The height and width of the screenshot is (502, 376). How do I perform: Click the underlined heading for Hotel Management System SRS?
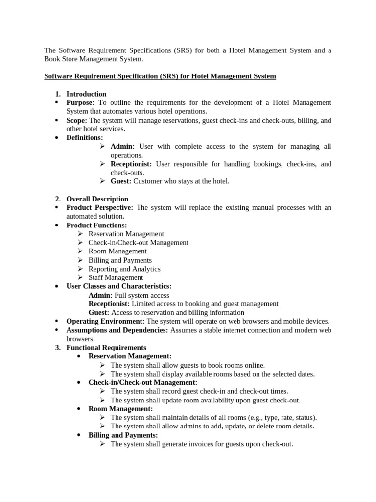[x=160, y=76]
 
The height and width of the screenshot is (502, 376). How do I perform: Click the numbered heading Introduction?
[x=86, y=94]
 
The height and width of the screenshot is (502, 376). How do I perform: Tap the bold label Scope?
[x=77, y=120]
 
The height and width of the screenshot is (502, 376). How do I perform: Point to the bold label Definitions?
[x=85, y=138]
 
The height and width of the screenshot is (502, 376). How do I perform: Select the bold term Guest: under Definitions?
[x=121, y=181]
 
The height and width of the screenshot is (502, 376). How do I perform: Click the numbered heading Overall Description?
[x=97, y=199]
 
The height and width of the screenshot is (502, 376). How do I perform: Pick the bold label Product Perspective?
[x=100, y=208]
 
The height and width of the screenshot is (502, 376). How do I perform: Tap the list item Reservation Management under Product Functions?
[x=126, y=234]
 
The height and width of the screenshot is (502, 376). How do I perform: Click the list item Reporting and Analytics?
[x=124, y=269]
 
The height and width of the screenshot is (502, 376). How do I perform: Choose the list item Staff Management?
[x=116, y=277]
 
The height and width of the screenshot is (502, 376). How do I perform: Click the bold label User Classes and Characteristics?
[x=119, y=286]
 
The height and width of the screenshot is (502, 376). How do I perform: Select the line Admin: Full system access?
[x=129, y=295]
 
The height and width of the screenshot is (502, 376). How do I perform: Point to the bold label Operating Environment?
[x=105, y=321]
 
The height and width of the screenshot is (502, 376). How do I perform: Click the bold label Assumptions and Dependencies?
[x=117, y=330]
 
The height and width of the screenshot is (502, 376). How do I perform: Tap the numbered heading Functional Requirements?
[x=106, y=348]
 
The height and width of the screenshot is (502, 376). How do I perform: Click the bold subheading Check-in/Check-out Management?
[x=143, y=382]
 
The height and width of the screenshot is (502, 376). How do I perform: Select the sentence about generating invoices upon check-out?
[x=201, y=444]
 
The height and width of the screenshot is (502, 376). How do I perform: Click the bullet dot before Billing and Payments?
[x=80, y=435]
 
